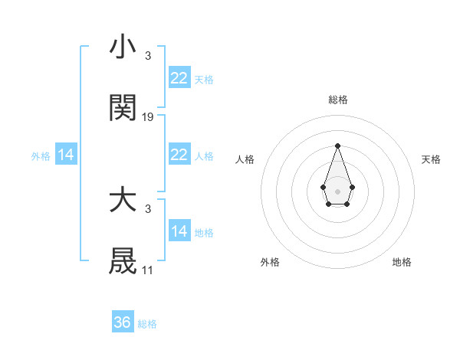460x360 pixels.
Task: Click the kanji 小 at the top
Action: coord(123,47)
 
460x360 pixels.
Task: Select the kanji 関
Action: coord(123,109)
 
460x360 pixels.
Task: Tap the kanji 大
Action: coord(123,201)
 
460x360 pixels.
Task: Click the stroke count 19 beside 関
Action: coord(148,117)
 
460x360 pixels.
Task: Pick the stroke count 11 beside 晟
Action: coord(147,270)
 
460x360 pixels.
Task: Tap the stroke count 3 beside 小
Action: coord(147,56)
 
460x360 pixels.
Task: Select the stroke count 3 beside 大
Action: coord(147,209)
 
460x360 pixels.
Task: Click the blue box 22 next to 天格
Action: coord(179,78)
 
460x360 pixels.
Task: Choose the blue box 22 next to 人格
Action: coord(179,155)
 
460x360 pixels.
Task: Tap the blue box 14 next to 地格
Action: coord(179,231)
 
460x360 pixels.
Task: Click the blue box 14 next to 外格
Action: coord(66,155)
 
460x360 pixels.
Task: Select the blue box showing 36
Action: coord(123,322)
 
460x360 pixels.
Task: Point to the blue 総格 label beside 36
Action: coord(147,324)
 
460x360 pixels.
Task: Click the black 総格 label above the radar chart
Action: coord(337,100)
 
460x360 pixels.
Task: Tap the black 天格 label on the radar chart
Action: coord(432,159)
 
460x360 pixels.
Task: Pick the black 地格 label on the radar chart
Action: coord(402,262)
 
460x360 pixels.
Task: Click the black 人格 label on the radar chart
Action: coord(245,159)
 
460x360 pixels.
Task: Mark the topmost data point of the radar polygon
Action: coord(337,145)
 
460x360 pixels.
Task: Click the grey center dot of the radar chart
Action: coord(337,191)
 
